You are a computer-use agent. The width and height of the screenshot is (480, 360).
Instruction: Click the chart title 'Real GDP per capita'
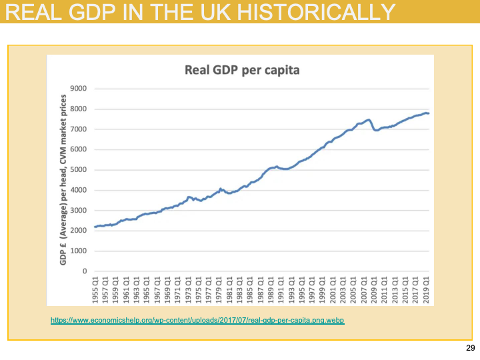coord(243,70)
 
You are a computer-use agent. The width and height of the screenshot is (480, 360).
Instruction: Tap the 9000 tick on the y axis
coord(79,89)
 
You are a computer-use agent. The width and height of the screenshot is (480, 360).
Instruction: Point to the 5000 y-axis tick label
coord(79,170)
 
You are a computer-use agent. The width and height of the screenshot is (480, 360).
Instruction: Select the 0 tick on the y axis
coord(85,271)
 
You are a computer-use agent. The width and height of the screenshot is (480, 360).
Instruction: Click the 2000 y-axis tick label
coord(79,231)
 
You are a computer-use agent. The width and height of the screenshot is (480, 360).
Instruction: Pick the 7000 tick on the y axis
coord(79,129)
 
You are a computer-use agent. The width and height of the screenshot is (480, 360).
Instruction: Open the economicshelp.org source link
coord(197,321)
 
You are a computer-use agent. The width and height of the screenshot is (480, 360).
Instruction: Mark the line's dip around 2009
coord(377,130)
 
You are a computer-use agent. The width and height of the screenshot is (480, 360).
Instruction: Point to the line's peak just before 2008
coord(368,120)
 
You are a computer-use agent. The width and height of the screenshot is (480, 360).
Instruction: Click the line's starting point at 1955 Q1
coord(95,227)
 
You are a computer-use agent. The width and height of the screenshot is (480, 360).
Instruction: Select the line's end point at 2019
coord(429,113)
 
